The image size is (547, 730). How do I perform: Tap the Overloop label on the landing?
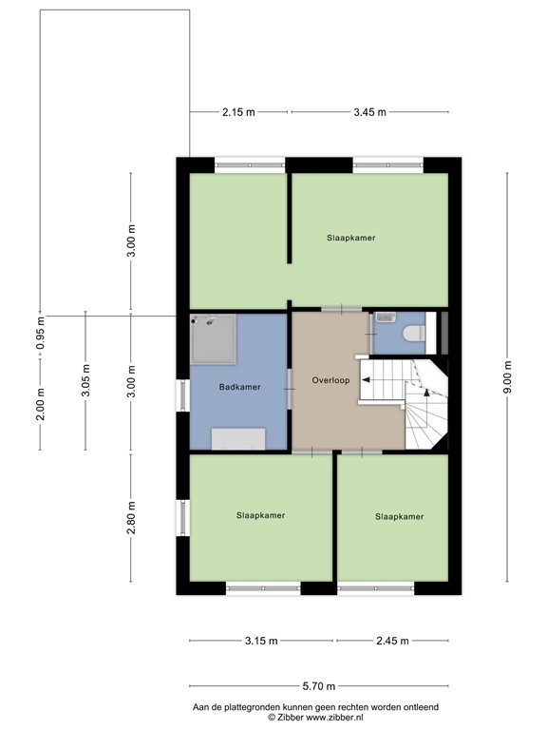click(330, 380)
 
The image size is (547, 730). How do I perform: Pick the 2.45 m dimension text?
click(390, 641)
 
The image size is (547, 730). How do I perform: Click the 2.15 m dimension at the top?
click(238, 112)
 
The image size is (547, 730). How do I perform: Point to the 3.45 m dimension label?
click(369, 112)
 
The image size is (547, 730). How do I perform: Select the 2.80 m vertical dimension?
click(132, 518)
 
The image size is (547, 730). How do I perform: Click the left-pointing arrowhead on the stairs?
click(366, 380)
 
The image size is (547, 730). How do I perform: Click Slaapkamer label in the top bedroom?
click(350, 238)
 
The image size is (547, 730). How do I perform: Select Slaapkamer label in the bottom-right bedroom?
click(399, 517)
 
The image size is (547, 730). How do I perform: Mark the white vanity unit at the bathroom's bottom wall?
click(237, 438)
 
